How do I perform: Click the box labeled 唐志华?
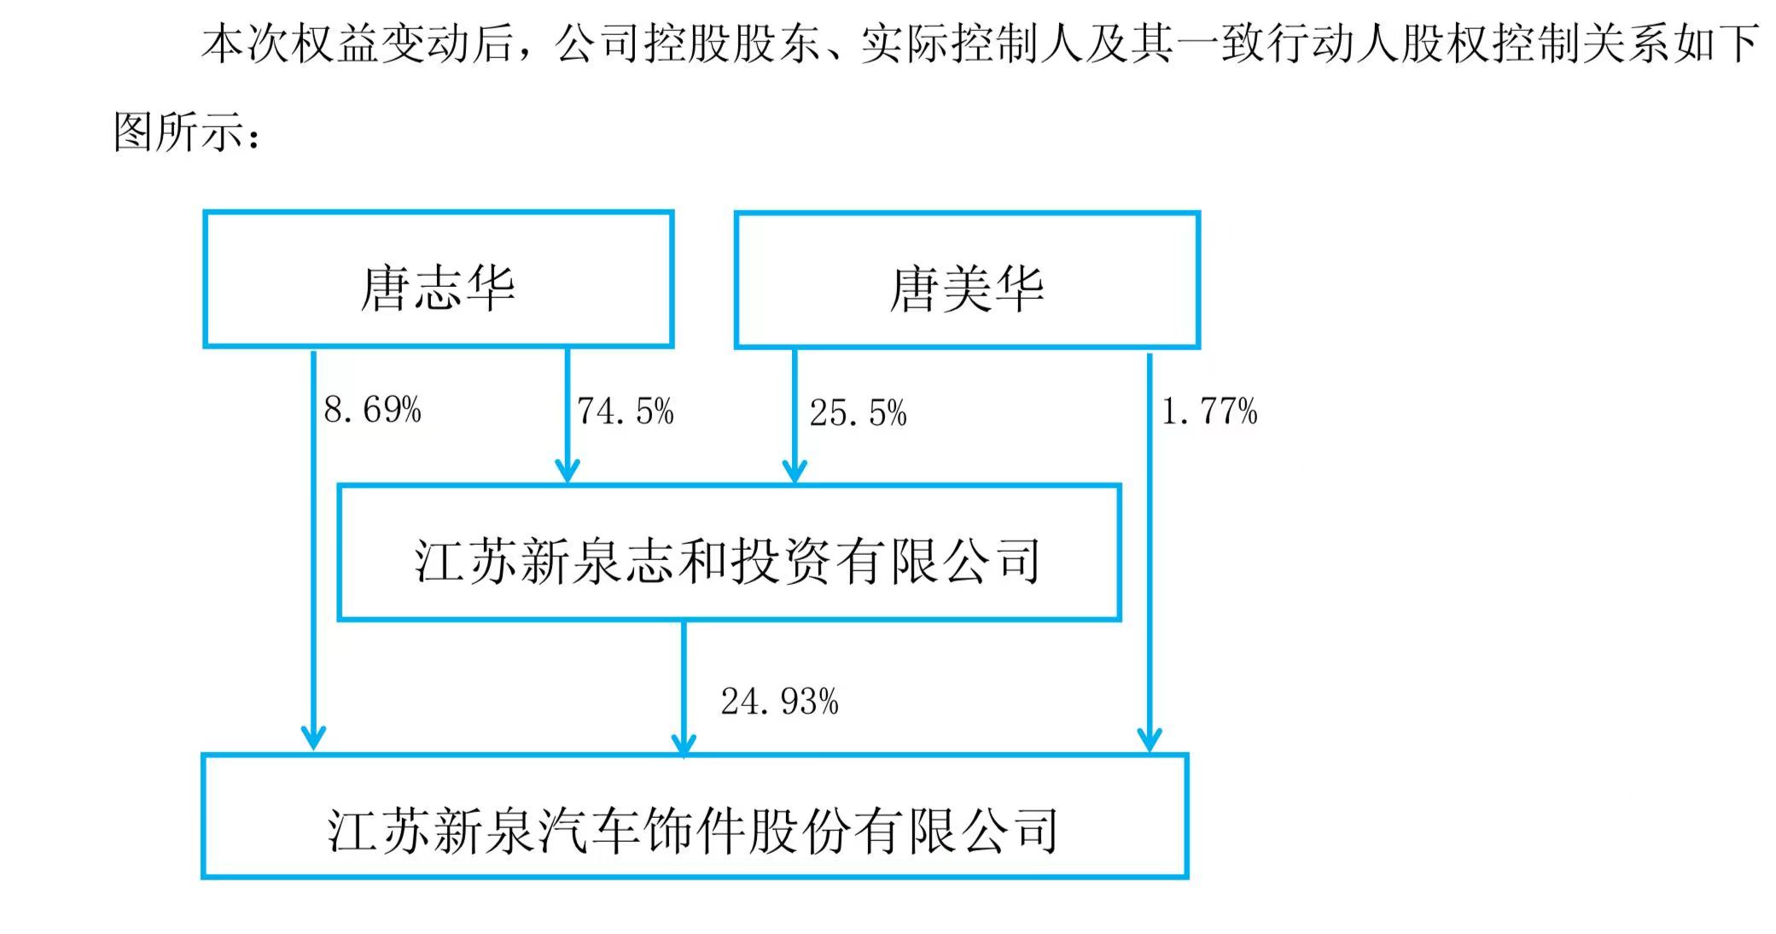438,280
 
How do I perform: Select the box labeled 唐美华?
967,281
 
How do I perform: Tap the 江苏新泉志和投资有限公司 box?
729,553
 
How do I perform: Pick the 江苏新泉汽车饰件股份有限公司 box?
694,817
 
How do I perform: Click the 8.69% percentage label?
372,411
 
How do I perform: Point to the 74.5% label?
626,412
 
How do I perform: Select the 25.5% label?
858,413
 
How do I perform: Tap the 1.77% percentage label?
1209,412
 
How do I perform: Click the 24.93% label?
779,702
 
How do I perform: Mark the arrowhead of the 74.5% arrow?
568,472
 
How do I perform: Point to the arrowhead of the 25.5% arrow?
795,472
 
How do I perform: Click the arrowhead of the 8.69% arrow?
314,738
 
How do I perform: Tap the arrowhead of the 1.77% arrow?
1150,739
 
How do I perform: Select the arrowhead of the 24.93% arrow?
684,744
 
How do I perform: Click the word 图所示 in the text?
179,132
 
